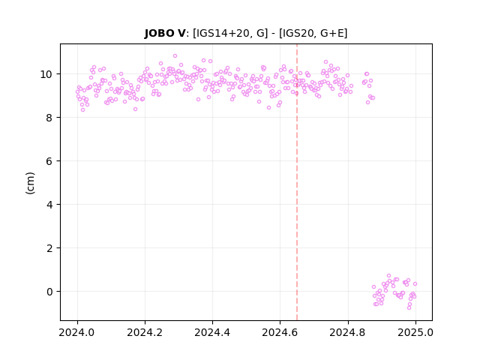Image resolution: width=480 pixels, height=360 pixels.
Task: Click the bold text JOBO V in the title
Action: coord(165,33)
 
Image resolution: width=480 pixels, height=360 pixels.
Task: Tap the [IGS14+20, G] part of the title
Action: coord(230,33)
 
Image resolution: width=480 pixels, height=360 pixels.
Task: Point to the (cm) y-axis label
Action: coord(30,183)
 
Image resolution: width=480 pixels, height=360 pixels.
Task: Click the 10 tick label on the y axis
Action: coord(46,74)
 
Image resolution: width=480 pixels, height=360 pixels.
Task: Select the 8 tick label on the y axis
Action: coord(49,118)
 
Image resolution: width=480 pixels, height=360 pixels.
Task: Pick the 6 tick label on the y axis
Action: coord(49,161)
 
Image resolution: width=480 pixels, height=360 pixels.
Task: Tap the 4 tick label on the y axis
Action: coord(49,205)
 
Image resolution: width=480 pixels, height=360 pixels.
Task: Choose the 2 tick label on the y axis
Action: coord(49,248)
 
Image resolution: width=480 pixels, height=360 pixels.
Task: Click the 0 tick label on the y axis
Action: coord(49,292)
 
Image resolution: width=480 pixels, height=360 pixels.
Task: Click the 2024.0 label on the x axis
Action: coord(77,332)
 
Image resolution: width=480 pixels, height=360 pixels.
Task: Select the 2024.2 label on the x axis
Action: coord(145,332)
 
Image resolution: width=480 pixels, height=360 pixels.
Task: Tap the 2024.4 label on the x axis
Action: coord(212,332)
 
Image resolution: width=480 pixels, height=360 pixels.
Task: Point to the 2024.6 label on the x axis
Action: coord(280,332)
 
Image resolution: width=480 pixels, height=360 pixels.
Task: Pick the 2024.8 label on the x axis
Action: coord(348,332)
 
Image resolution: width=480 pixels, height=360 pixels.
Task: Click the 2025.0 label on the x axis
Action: coord(415,332)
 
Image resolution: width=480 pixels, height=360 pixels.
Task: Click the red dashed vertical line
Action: coord(297,182)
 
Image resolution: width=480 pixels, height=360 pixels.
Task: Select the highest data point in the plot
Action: coord(175,56)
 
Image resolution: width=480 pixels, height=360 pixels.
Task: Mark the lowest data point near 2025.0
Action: coord(409,307)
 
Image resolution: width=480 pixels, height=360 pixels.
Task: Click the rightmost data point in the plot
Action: coord(415,283)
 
